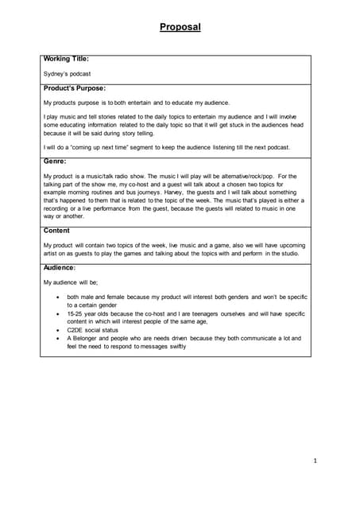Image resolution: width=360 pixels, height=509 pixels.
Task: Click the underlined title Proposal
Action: (180, 27)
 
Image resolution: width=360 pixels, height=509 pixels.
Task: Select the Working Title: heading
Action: (66, 59)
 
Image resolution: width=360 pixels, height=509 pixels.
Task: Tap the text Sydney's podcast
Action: (68, 73)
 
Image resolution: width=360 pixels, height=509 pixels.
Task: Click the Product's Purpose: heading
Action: (75, 88)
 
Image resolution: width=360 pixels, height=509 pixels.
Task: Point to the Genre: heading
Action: (55, 161)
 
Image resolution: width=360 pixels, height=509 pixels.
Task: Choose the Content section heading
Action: (56, 231)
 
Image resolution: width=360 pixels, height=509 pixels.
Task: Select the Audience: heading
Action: (60, 268)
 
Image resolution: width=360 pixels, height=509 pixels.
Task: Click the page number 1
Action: (315, 460)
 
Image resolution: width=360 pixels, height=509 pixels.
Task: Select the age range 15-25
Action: (77, 314)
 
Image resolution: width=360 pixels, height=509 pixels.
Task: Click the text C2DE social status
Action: (93, 329)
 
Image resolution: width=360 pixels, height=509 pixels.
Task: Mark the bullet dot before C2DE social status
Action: (57, 329)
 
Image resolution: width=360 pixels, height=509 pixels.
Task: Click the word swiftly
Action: (176, 347)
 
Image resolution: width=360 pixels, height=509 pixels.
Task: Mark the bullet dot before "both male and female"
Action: (57, 297)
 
